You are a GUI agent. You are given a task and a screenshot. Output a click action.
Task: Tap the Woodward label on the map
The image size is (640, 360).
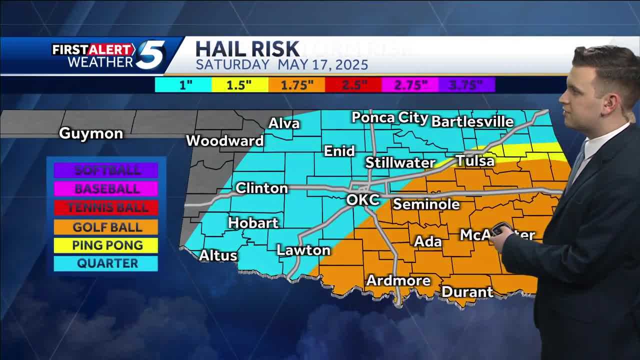tap(224, 141)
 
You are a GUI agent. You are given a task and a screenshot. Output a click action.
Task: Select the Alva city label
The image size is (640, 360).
tap(283, 123)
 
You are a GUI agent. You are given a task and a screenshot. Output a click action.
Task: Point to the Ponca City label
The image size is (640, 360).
tap(389, 118)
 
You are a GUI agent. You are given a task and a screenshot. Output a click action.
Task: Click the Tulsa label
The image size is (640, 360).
tap(474, 161)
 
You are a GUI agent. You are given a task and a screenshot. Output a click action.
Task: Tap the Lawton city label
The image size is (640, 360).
tap(303, 250)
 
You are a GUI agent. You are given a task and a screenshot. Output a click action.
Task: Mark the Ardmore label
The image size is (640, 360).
tap(398, 280)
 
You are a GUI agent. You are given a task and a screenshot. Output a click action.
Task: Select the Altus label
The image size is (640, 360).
tap(218, 255)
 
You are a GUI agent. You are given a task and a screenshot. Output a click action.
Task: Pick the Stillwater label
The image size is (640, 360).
tap(400, 162)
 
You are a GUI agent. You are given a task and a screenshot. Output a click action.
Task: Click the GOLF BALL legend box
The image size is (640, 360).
tap(107, 227)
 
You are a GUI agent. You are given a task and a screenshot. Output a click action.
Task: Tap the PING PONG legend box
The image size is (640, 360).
tap(107, 245)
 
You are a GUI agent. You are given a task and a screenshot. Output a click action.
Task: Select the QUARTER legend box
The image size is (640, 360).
tap(107, 263)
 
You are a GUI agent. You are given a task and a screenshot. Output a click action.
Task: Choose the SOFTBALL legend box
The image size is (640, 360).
tap(107, 170)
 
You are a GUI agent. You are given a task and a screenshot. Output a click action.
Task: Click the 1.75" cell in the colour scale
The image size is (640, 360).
tap(296, 85)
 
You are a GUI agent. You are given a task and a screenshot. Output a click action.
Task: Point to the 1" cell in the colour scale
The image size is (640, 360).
tap(185, 85)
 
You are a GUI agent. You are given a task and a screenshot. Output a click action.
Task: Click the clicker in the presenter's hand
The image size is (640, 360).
tap(500, 229)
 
